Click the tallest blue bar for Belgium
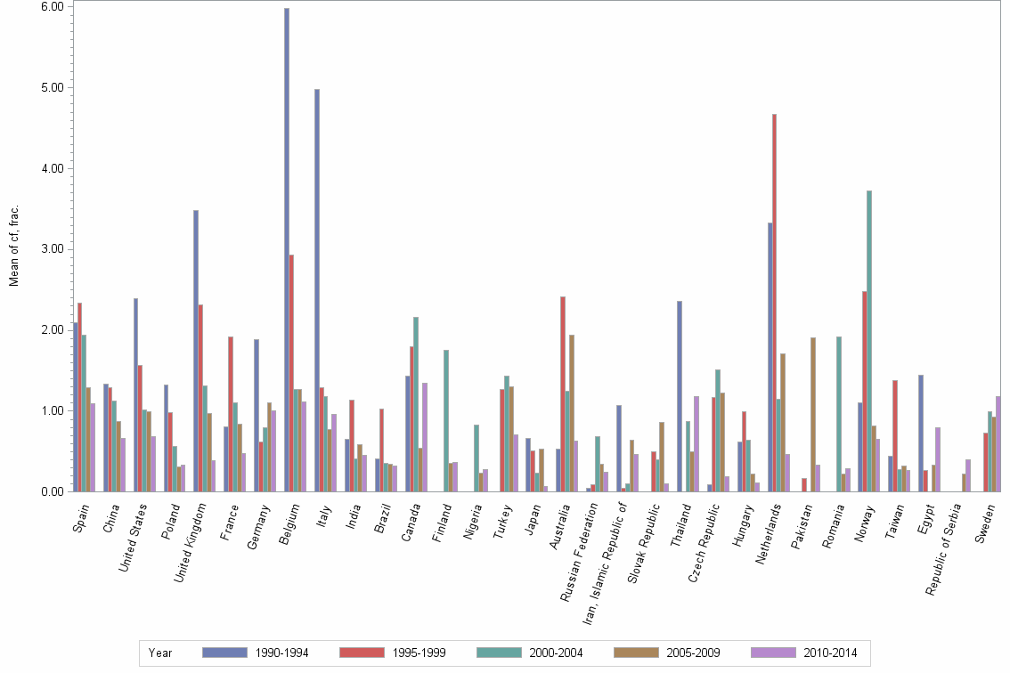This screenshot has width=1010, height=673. coord(287,249)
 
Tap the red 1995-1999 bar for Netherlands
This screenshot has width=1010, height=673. coord(775,303)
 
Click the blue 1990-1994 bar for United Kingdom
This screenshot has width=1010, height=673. coord(196,351)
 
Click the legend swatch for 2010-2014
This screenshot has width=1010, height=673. coord(774,653)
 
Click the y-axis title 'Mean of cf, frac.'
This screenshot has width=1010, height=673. coord(14,245)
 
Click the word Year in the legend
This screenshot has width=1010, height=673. coord(160,653)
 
